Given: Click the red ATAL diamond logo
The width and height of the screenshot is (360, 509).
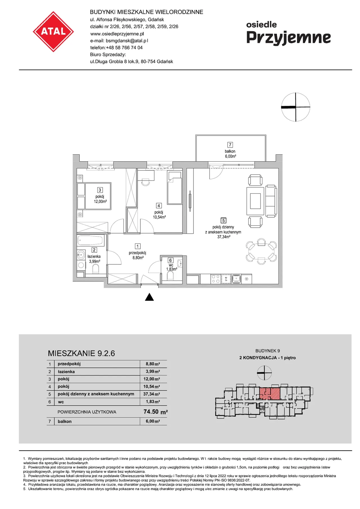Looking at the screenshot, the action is click(x=53, y=31).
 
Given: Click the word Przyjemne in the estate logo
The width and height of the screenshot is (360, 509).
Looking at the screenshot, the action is click(x=289, y=38).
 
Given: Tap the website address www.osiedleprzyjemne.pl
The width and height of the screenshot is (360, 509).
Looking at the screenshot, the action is click(x=117, y=34).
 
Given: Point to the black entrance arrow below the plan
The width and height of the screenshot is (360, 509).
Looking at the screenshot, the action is click(x=149, y=297).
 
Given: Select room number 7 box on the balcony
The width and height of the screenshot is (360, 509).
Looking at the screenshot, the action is click(x=230, y=145).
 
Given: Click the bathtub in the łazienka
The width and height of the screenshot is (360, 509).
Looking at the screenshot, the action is click(x=91, y=241).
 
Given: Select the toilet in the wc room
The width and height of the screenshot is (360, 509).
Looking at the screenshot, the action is click(x=171, y=276).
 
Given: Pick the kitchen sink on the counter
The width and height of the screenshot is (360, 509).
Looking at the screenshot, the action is click(x=236, y=279).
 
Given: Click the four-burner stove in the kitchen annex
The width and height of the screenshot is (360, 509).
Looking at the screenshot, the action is click(x=216, y=279).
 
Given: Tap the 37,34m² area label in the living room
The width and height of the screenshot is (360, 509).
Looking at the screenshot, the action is click(x=224, y=237).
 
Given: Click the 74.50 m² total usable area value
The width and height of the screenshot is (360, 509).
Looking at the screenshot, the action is click(x=156, y=412).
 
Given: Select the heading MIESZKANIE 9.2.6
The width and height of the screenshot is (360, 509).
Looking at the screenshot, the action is click(x=81, y=353).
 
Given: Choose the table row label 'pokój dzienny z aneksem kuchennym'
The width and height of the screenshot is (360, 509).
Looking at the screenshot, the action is click(x=96, y=394).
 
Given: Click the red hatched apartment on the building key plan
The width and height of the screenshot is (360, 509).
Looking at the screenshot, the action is click(x=269, y=394).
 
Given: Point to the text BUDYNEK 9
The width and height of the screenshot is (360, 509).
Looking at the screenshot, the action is click(x=267, y=351).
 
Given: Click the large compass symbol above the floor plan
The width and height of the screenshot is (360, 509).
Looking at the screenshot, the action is click(x=296, y=107).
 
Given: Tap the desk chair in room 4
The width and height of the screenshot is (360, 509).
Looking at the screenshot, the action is click(x=146, y=182).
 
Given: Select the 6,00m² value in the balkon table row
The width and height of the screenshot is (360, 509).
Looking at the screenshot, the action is click(x=153, y=421).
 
